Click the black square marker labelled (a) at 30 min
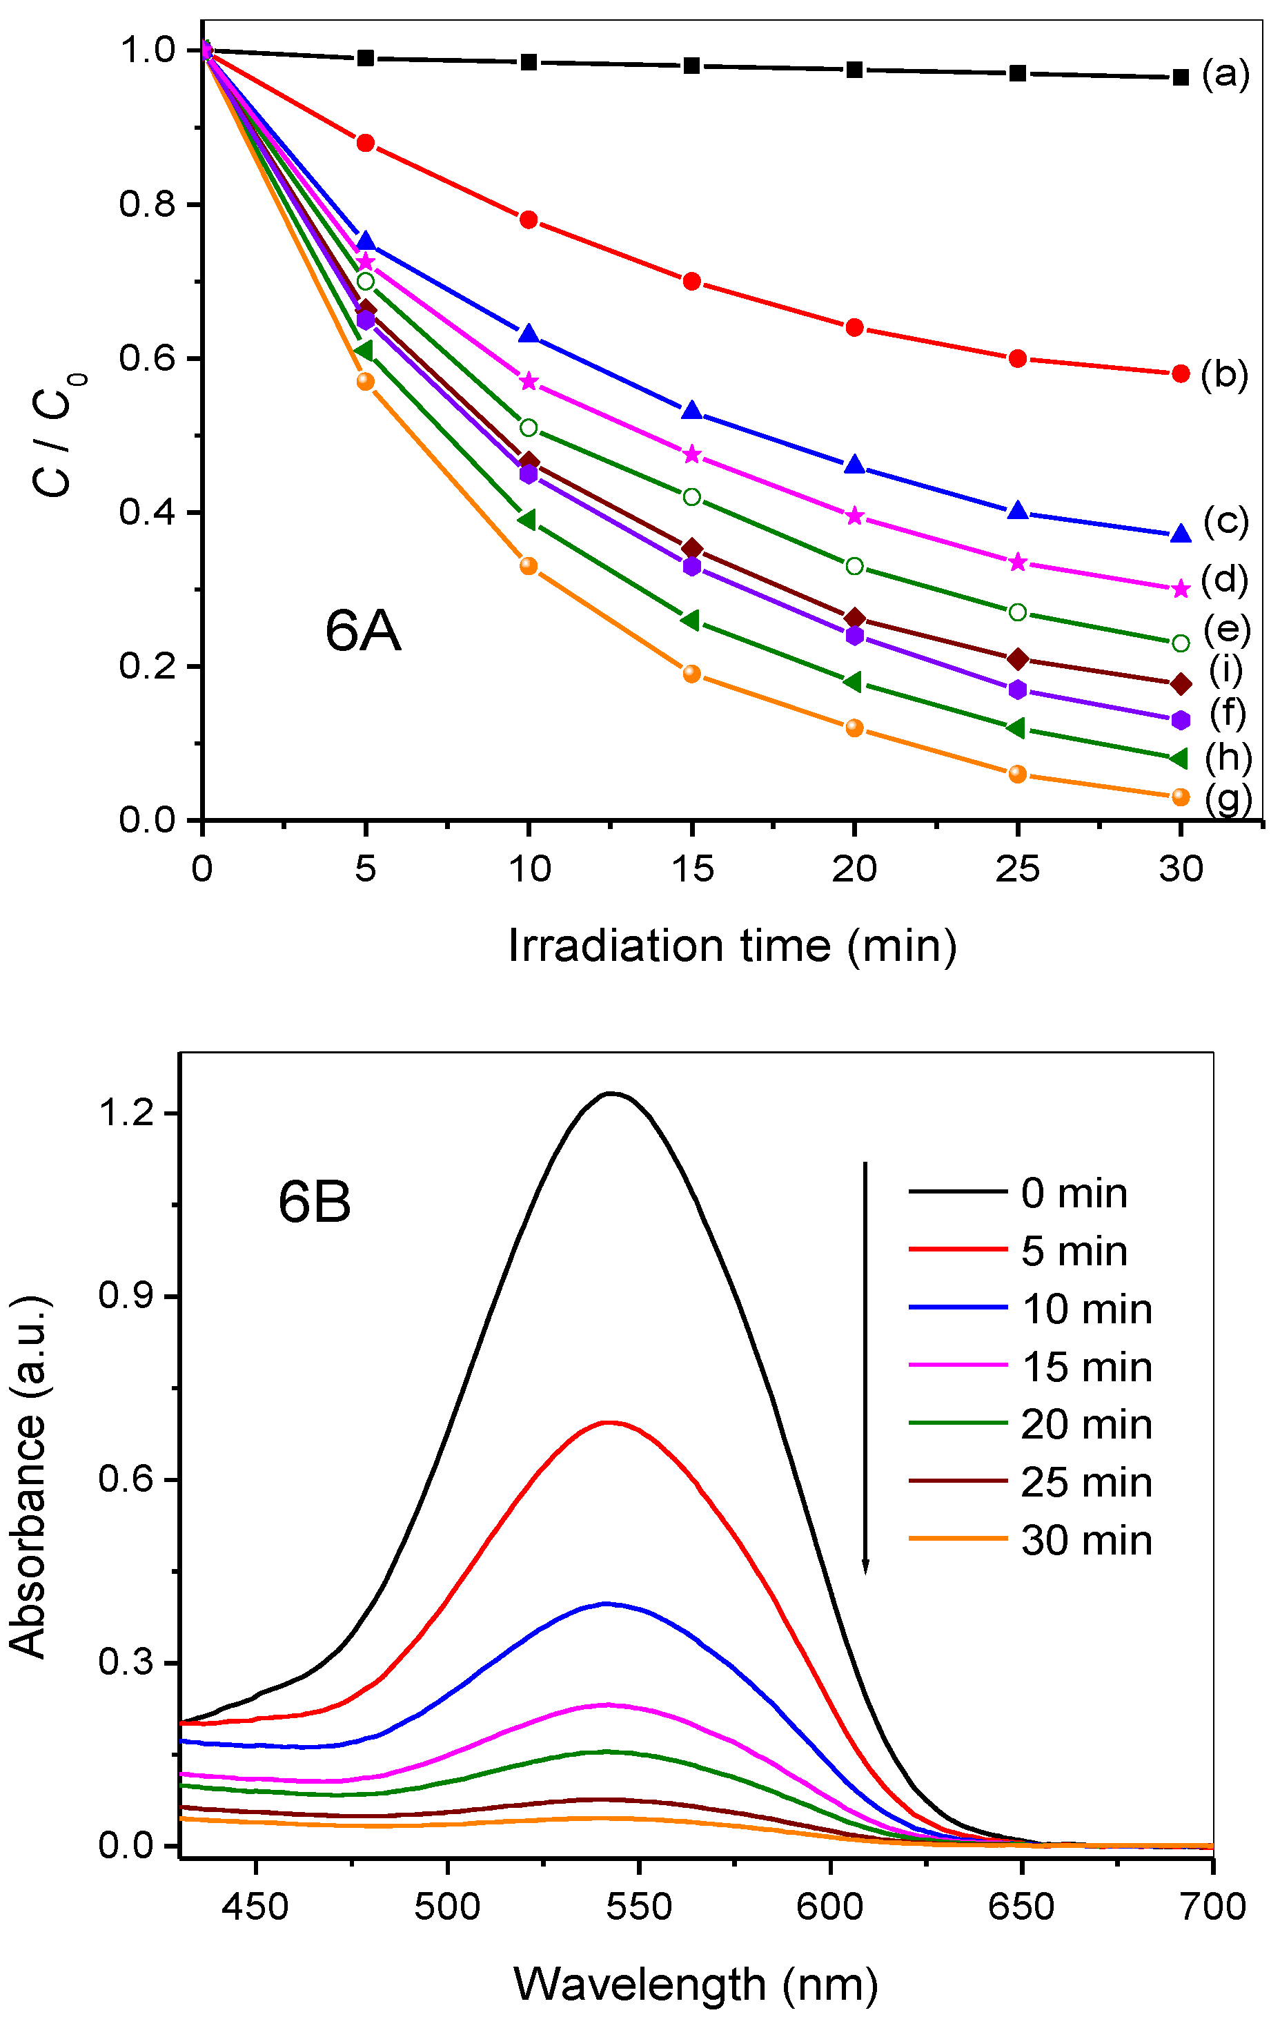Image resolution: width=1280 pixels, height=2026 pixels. pyautogui.click(x=1180, y=77)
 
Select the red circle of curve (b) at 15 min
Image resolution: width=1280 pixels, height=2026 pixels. pyautogui.click(x=691, y=281)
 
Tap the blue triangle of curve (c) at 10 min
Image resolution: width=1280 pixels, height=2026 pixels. pyautogui.click(x=528, y=334)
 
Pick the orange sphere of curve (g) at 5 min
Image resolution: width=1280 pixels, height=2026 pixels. pyautogui.click(x=365, y=381)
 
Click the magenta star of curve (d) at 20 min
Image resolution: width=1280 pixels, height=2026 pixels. pyautogui.click(x=854, y=516)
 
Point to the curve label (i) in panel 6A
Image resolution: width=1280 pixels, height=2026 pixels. pyautogui.click(x=1225, y=670)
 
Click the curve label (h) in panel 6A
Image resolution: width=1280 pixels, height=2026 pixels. pyautogui.click(x=1228, y=758)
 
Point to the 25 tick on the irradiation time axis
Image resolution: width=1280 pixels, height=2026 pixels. pyautogui.click(x=1017, y=868)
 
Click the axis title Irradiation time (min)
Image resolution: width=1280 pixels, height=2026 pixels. pyautogui.click(x=733, y=946)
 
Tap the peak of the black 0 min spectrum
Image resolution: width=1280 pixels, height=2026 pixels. pyautogui.click(x=611, y=1094)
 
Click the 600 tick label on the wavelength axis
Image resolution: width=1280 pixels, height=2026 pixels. pyautogui.click(x=829, y=1906)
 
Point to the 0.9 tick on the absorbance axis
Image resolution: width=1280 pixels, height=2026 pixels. pyautogui.click(x=126, y=1296)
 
